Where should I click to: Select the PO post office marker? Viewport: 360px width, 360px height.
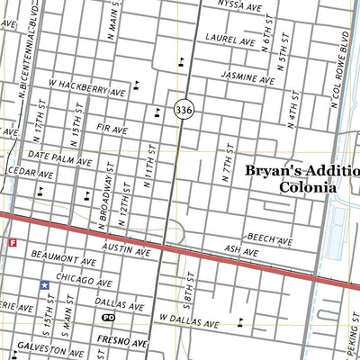point(109,318)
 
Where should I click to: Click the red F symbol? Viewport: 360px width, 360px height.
point(13,243)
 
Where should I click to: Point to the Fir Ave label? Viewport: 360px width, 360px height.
point(113,130)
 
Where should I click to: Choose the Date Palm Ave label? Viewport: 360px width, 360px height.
point(59,157)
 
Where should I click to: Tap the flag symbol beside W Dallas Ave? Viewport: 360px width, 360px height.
point(241,321)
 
